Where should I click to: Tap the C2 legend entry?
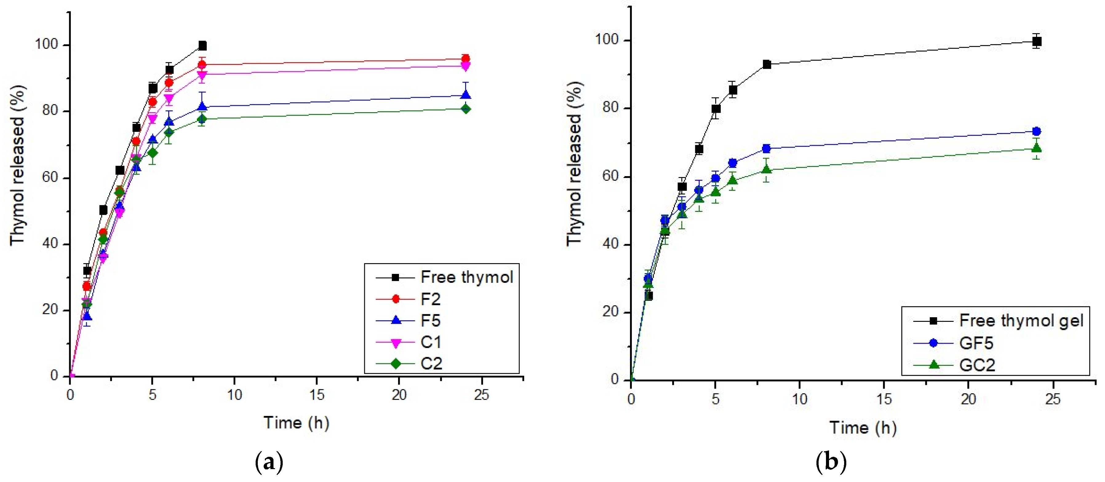(x=431, y=364)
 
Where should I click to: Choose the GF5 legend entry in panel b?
(x=976, y=343)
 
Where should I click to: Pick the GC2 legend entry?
(x=977, y=365)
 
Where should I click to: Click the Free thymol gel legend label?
(x=1021, y=321)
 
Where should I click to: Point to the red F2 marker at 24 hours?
(x=465, y=59)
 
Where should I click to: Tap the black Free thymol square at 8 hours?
(x=202, y=45)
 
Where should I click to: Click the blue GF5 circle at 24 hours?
(x=1036, y=131)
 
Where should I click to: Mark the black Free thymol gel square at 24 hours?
(x=1036, y=41)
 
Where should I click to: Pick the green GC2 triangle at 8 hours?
(x=767, y=169)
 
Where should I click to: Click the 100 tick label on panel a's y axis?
(x=46, y=44)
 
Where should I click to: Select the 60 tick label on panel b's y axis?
(x=610, y=176)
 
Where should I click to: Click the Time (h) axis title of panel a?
(x=296, y=423)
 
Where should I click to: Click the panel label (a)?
(x=269, y=462)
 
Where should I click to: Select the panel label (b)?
(x=831, y=462)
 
